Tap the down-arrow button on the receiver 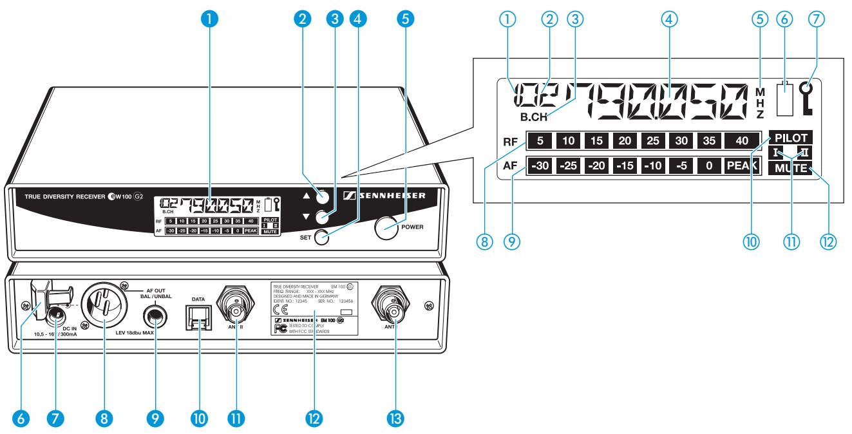tap(323, 218)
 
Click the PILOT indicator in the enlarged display tap(790, 137)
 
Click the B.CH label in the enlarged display tap(533, 118)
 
